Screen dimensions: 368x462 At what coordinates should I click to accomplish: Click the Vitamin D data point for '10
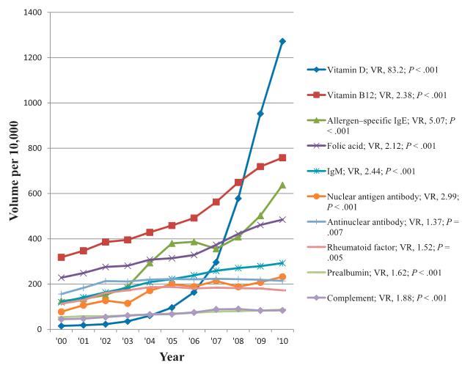coord(282,41)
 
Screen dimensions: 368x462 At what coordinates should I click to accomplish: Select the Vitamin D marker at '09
coord(260,114)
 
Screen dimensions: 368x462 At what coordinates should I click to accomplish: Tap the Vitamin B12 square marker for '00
coord(61,257)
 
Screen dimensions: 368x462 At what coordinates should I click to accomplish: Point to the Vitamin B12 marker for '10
coord(282,158)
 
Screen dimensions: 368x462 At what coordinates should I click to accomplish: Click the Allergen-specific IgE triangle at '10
coord(282,185)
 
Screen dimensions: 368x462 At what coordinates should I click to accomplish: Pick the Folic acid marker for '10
coord(282,219)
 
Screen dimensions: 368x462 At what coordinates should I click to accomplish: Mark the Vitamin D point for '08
coord(238,198)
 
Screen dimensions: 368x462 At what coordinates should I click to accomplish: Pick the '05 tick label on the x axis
coord(172,341)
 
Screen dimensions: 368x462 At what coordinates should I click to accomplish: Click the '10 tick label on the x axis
coord(282,341)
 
